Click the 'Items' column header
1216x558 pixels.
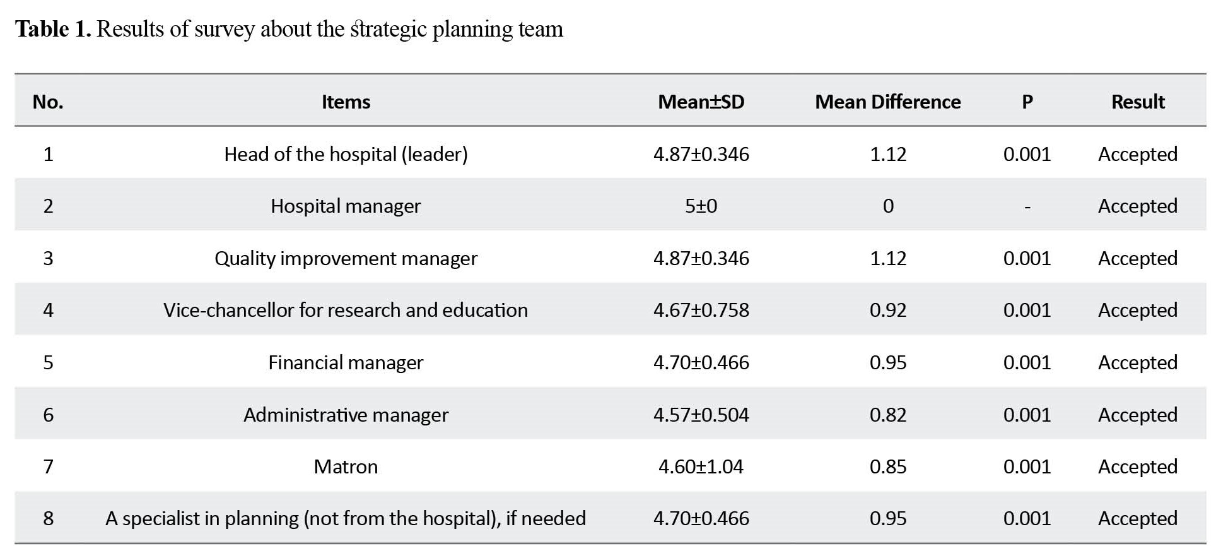346,102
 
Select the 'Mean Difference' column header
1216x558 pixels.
887,102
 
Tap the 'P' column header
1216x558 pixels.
1027,102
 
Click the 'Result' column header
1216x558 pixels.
1137,102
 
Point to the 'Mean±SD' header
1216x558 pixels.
701,102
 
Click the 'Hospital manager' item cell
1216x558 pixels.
346,206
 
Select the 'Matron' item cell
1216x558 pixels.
346,466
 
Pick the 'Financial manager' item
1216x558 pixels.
346,363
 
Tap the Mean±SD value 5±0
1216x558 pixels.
701,206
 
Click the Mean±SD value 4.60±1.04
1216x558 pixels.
701,466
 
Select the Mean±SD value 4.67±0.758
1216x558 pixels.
701,310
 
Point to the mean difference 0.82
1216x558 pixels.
887,415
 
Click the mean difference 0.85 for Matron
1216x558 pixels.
887,466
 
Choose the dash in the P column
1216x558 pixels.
1027,207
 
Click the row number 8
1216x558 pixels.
48,518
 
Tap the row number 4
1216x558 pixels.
48,310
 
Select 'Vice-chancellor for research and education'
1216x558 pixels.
346,310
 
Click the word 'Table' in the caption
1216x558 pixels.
42,29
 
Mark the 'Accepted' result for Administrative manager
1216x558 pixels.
1137,415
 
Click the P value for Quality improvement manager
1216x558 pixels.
1027,258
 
